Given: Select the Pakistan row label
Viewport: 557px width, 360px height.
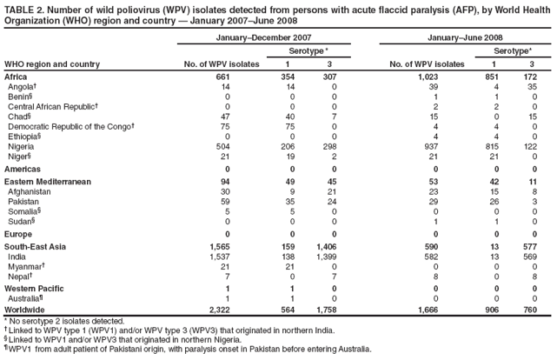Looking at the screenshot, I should [x=23, y=201].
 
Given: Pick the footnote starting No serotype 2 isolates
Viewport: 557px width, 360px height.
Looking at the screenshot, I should [x=65, y=321].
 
